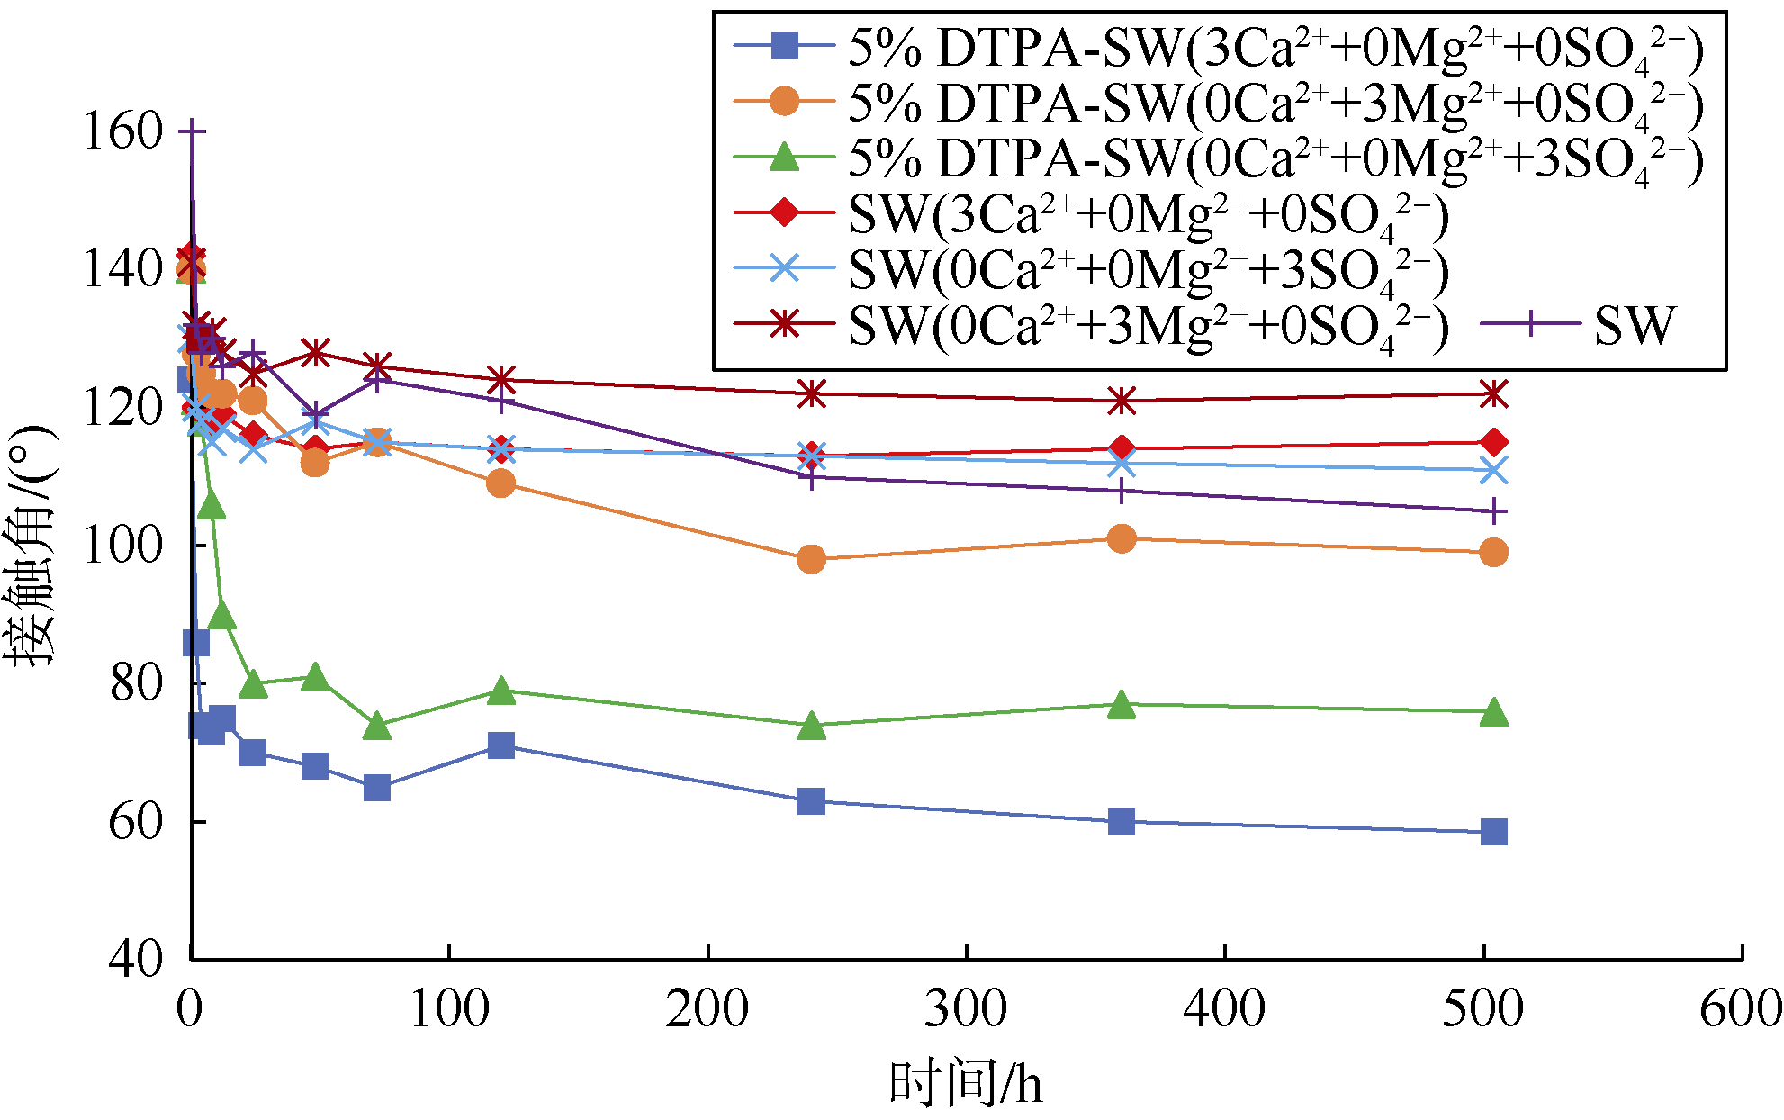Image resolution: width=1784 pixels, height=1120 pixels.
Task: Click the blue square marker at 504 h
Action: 1493,832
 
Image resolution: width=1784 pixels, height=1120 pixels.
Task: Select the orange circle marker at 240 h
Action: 811,559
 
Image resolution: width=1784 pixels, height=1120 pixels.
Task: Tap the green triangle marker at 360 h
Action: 1122,705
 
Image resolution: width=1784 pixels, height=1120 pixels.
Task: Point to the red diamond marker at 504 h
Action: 1493,442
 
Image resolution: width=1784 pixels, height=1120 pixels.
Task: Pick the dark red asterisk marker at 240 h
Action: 811,393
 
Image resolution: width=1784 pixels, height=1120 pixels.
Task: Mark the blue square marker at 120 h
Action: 500,745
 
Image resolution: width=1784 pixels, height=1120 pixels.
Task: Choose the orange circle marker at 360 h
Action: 1122,539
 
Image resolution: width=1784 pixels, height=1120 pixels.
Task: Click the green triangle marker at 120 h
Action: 500,691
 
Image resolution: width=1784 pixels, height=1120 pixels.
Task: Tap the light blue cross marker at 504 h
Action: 1493,470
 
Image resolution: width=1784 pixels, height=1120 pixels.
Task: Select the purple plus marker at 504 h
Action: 1493,511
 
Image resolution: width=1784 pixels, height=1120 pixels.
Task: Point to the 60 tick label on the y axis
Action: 135,821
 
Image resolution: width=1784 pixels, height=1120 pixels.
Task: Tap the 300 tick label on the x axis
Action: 966,1008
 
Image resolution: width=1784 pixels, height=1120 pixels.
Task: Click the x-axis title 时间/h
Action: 966,1083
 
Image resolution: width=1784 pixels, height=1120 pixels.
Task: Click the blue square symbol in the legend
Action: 785,47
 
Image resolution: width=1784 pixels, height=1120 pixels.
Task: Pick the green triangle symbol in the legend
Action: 785,158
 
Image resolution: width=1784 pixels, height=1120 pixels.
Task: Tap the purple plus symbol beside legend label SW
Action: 1531,324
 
